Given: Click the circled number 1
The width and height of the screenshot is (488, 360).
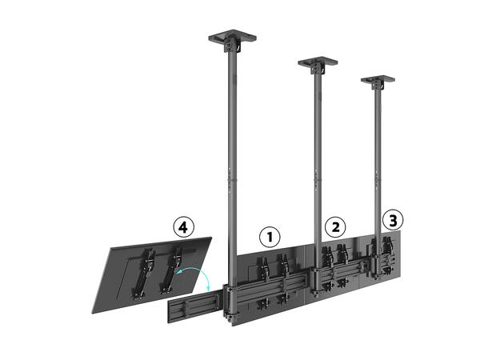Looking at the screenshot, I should click(270, 237).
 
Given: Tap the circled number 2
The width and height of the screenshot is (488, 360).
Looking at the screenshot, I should click(335, 226).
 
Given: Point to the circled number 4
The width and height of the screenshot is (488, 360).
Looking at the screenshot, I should click(185, 227).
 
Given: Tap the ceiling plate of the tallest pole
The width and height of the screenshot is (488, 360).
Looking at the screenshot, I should click(232, 37).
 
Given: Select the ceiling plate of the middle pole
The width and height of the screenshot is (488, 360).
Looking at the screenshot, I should click(318, 61).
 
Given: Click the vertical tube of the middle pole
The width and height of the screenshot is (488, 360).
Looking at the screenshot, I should click(317, 160).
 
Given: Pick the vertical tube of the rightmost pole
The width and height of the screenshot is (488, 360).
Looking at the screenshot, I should click(376, 160).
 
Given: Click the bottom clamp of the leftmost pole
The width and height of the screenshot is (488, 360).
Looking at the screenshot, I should click(230, 300).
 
